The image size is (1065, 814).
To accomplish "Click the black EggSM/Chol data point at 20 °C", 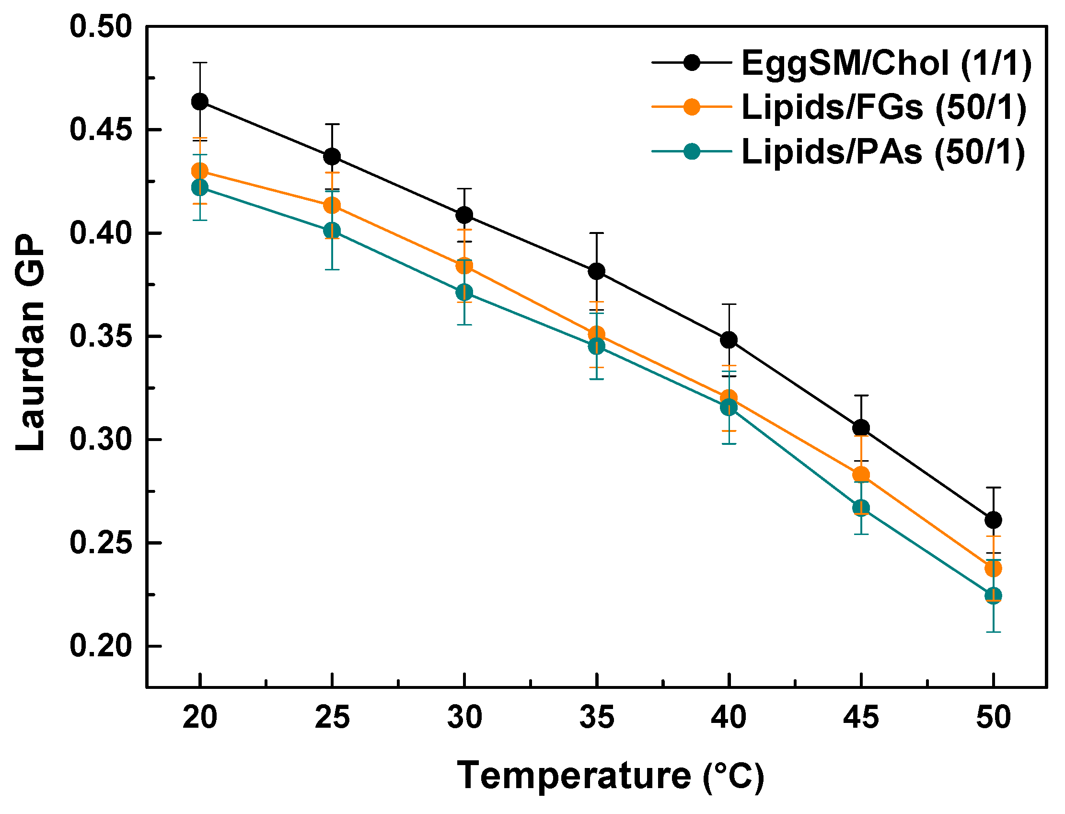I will pyautogui.click(x=199, y=102).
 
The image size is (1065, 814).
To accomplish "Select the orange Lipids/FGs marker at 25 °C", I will pyautogui.click(x=332, y=206).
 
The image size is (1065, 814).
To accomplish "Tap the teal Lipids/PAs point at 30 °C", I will pyautogui.click(x=464, y=292).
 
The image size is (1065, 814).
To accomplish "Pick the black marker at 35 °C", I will pyautogui.click(x=596, y=271).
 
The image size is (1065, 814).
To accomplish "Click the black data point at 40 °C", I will pyautogui.click(x=729, y=340).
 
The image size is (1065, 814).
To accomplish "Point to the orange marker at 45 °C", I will pyautogui.click(x=861, y=475).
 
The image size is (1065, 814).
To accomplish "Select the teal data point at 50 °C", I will pyautogui.click(x=993, y=595).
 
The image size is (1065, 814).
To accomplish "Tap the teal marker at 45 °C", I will pyautogui.click(x=861, y=508).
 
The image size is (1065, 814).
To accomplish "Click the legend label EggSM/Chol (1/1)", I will pyautogui.click(x=886, y=63).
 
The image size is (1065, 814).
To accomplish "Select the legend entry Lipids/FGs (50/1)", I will pyautogui.click(x=884, y=107).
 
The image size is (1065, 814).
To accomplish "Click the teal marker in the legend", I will pyautogui.click(x=692, y=151).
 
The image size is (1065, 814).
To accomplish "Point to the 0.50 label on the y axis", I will pyautogui.click(x=101, y=27).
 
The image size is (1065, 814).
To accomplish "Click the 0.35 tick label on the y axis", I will pyautogui.click(x=101, y=336).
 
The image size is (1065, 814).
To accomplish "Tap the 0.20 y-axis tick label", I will pyautogui.click(x=101, y=646).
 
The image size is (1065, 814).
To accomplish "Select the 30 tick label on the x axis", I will pyautogui.click(x=464, y=718).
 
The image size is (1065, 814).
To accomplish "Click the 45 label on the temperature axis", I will pyautogui.click(x=861, y=718).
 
